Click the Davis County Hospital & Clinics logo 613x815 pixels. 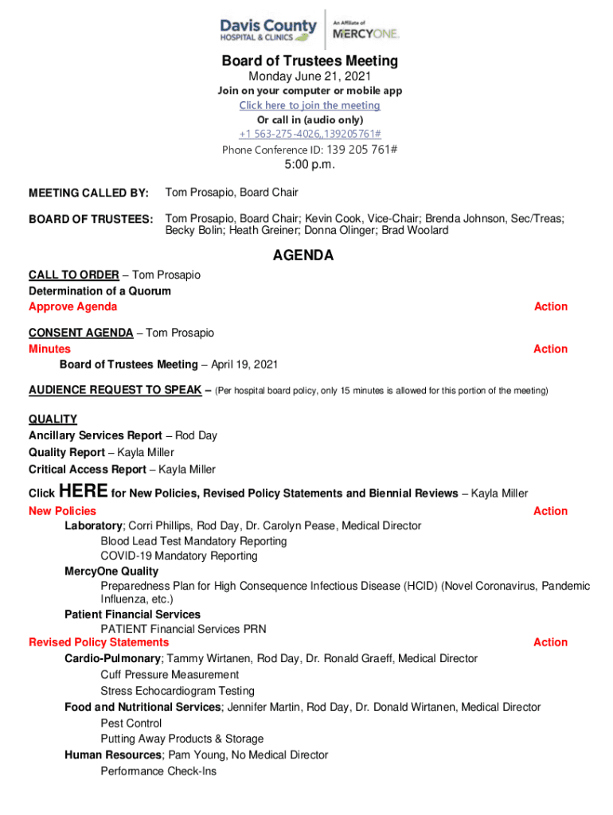point(268,29)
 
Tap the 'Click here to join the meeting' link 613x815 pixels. point(310,105)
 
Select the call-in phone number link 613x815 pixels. point(310,134)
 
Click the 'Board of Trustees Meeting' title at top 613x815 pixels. point(310,61)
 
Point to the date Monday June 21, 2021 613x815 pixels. point(310,76)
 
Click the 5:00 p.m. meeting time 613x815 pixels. point(310,165)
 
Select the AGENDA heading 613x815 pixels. point(303,255)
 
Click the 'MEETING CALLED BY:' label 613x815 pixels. point(88,193)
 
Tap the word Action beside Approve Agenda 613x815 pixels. point(550,306)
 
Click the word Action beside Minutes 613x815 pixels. point(550,349)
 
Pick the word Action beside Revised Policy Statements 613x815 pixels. point(550,642)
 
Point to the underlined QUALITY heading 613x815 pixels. point(53,419)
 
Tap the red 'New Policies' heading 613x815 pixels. point(62,511)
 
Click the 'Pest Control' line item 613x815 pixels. point(131,723)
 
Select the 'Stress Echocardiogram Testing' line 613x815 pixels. point(177,691)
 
